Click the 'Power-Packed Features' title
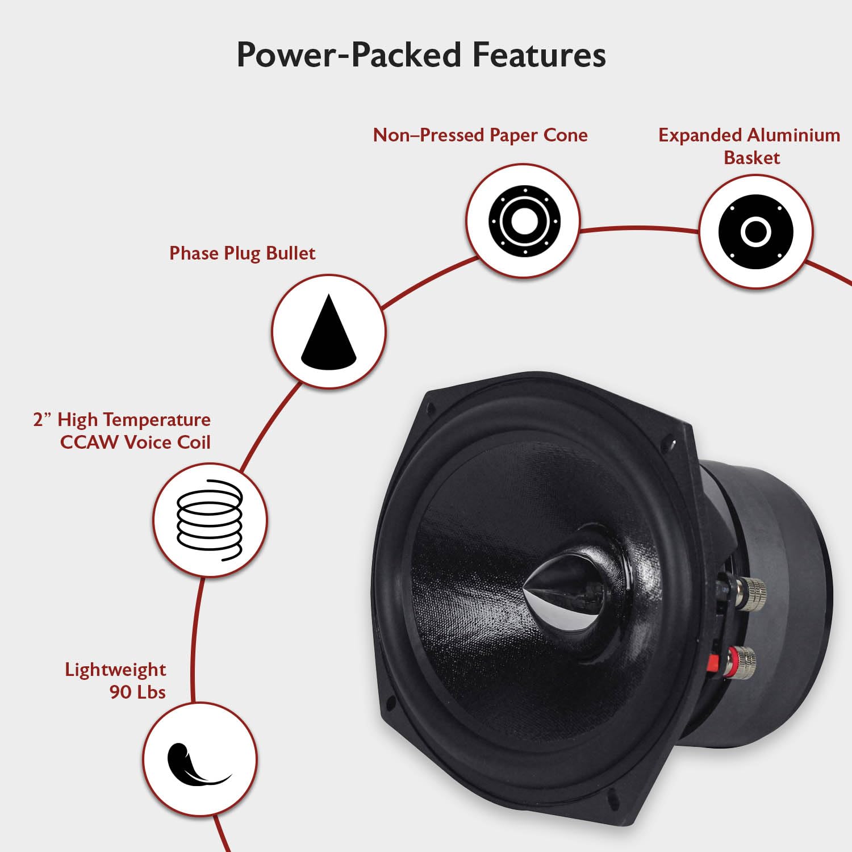click(421, 55)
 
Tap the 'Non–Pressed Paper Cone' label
click(480, 135)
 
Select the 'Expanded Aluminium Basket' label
click(749, 146)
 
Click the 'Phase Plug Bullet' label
click(242, 253)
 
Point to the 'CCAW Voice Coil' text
click(135, 442)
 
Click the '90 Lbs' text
click(137, 692)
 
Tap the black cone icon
click(328, 332)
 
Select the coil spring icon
click(210, 520)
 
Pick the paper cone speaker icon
click(524, 220)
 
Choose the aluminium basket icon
click(755, 232)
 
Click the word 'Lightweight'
click(115, 670)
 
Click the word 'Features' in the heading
click(539, 55)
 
